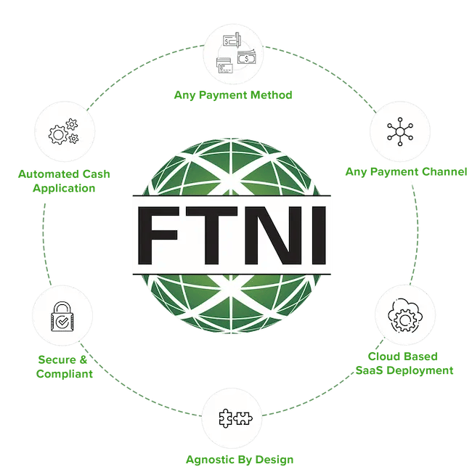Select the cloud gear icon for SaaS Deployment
point(402,314)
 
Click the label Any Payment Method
point(234,95)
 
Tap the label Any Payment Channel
point(404,172)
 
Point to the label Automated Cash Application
point(65,181)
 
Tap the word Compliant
point(65,375)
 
